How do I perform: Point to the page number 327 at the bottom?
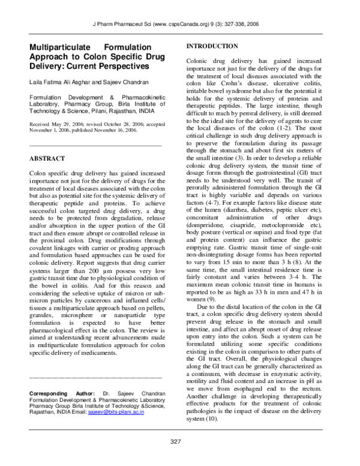175,442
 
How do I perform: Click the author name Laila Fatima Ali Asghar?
61,81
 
